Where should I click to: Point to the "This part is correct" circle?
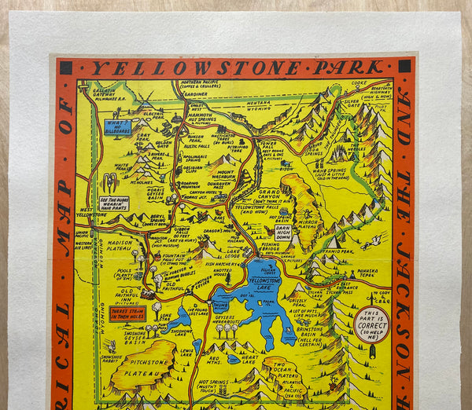pyautogui.click(x=371, y=324)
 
